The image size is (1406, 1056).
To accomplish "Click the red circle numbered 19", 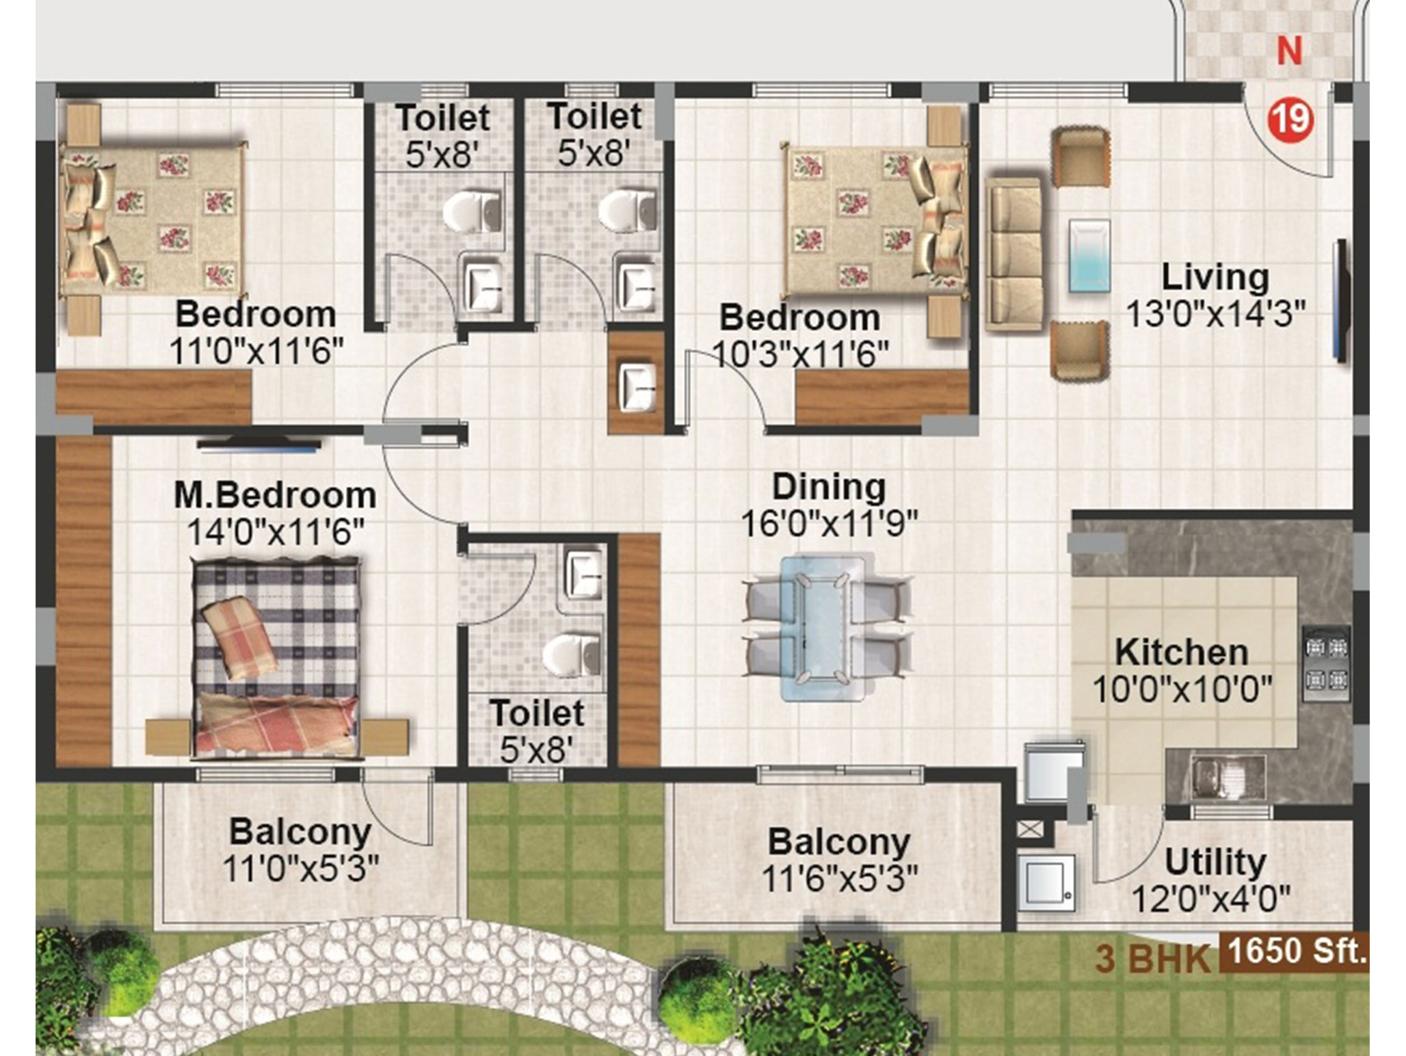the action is point(1292,120).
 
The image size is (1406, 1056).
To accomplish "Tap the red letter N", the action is point(1290,51).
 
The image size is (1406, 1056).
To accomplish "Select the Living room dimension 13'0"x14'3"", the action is point(1215,314).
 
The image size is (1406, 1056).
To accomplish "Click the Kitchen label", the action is point(1182,652).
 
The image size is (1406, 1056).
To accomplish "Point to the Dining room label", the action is point(829,488).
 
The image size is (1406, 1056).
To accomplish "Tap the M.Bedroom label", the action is point(275,495).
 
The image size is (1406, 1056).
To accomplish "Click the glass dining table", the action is point(823,628).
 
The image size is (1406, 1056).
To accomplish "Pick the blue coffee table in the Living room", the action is point(1089,256).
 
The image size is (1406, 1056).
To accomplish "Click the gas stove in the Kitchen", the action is point(1327,663).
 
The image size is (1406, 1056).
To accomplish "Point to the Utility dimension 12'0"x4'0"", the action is point(1210,899).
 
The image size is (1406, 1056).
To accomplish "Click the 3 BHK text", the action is point(1152,959).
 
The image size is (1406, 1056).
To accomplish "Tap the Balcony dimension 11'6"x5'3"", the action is point(839,878).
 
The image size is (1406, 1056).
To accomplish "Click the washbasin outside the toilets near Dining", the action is point(637,387).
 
